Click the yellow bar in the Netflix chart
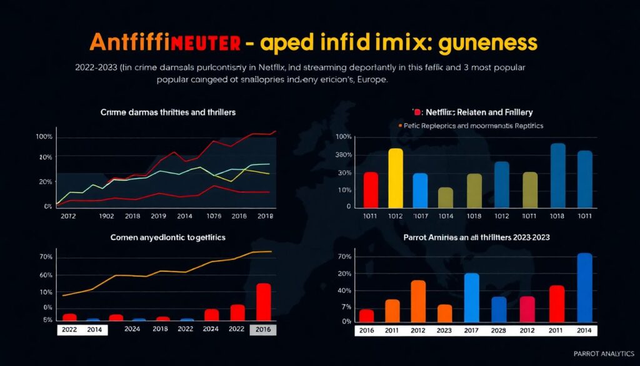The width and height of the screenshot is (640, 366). pos(396,178)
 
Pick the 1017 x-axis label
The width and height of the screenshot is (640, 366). pos(420,216)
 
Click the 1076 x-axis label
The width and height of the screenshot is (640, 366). pos(214,216)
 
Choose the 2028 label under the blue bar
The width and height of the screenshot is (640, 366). pos(499,330)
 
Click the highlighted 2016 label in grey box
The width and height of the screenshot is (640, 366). pos(262,329)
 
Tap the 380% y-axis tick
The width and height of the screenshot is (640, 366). pos(344,155)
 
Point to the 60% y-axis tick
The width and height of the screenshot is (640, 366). pos(46,275)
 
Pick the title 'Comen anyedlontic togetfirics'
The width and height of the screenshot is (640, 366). pos(168,238)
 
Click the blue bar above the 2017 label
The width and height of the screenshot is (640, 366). pos(472,297)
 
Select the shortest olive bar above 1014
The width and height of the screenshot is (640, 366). pos(446,198)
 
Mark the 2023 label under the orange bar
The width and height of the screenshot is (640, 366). pos(444,330)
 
